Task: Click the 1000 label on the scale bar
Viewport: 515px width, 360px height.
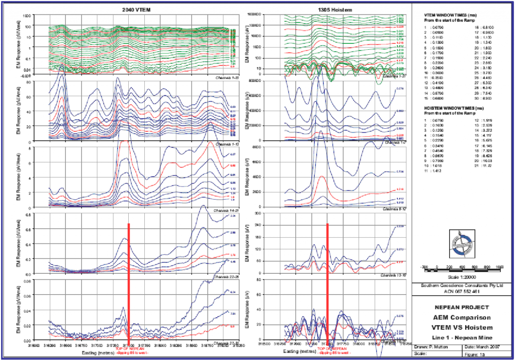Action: (x=499, y=266)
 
